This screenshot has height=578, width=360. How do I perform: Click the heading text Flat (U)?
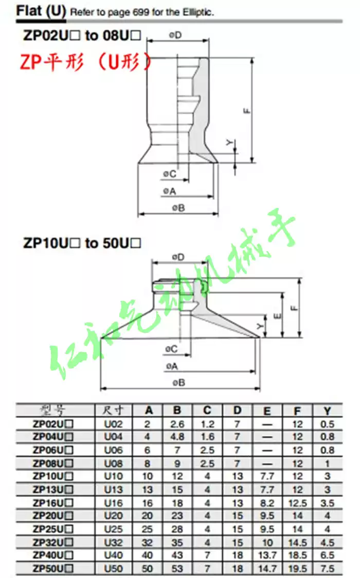(41, 11)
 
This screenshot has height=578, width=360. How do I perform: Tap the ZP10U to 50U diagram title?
(82, 243)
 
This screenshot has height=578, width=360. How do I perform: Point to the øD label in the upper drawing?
(175, 34)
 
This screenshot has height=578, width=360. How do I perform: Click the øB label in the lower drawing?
(178, 382)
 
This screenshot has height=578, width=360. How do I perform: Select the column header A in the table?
(149, 410)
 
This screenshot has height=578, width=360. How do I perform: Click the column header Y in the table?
(327, 410)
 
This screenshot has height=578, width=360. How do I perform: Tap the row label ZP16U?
(53, 502)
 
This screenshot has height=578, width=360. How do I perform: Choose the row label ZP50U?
(53, 568)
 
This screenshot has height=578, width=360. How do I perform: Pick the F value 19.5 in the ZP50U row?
(297, 568)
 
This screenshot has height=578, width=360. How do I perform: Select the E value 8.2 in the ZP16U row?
(267, 502)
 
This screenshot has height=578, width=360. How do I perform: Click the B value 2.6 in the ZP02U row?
(177, 424)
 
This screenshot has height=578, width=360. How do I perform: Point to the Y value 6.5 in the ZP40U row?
(327, 555)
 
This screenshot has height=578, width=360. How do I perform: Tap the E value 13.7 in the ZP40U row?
(267, 555)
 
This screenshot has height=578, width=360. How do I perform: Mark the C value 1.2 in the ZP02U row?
(207, 424)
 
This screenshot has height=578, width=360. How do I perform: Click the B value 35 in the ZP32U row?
(177, 542)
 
